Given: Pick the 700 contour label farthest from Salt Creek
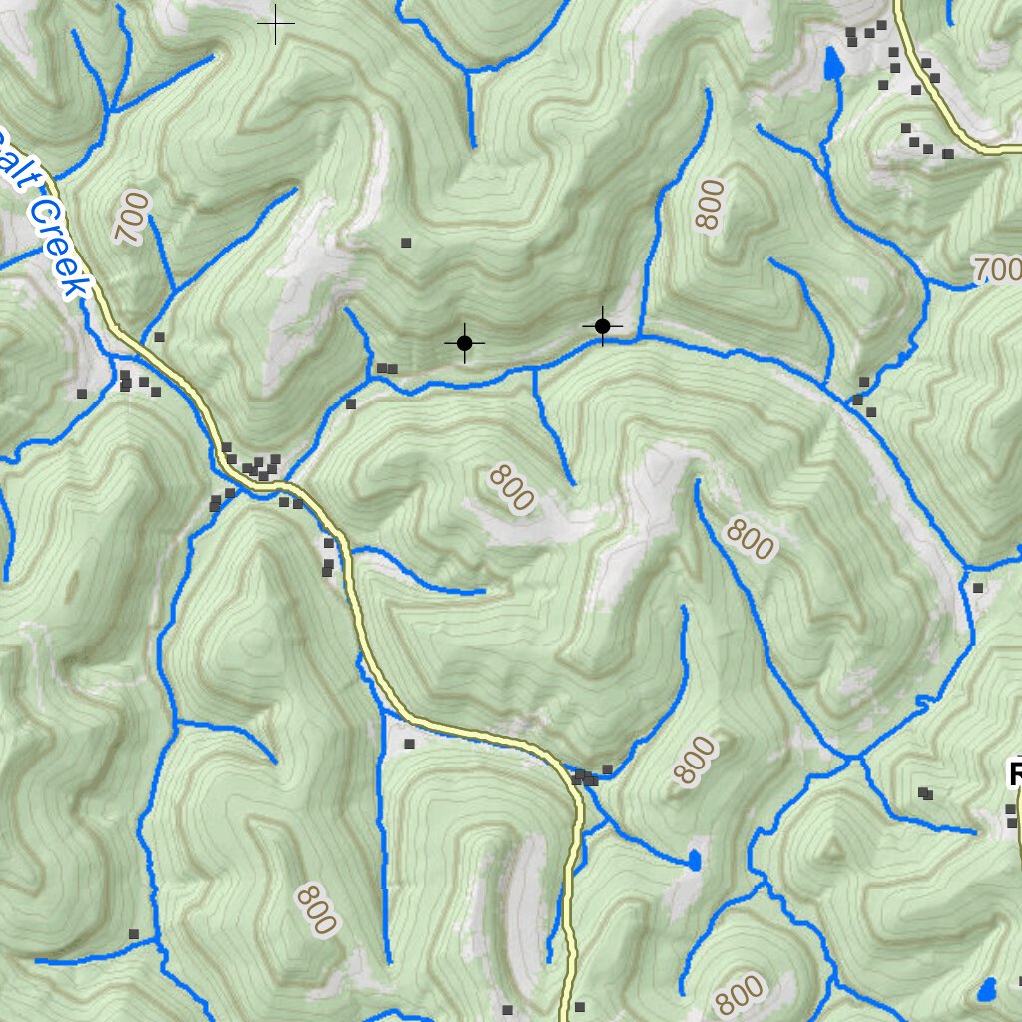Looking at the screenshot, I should [996, 269].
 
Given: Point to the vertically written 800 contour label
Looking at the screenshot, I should [711, 205].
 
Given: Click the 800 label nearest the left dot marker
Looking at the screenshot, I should [511, 489].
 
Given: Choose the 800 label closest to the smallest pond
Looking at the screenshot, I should [695, 761].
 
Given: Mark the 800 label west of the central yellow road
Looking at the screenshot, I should [316, 909].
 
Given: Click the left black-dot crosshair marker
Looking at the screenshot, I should [464, 343].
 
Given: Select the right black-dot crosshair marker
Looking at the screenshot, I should [602, 326].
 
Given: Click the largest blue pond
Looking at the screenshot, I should [832, 66].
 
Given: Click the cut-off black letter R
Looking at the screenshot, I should [1015, 774].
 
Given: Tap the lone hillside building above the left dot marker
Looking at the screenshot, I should [405, 242].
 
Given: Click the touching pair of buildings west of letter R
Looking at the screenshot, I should [925, 793].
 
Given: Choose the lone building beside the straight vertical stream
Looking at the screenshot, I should [408, 744].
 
